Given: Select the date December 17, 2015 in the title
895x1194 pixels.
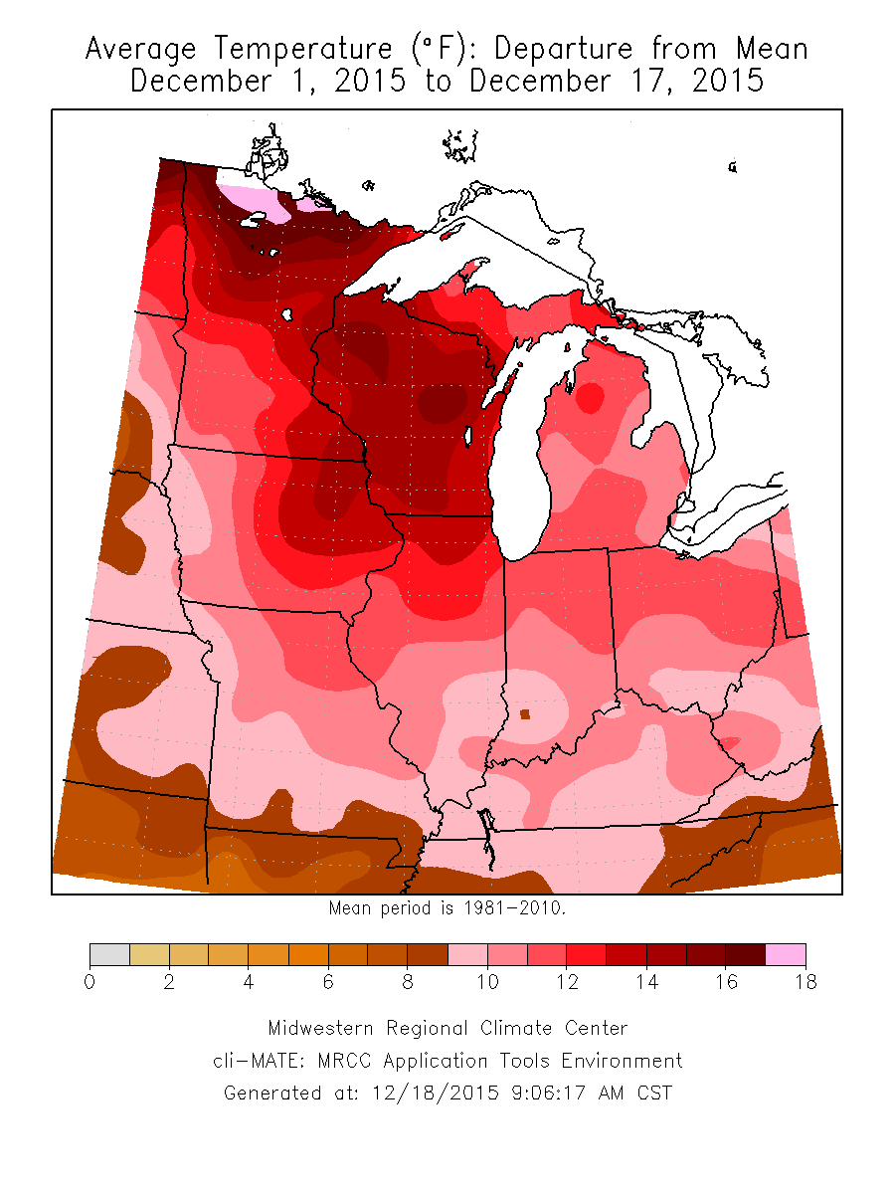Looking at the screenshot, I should coord(617,81).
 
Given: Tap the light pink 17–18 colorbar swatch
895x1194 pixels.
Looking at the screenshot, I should coord(786,954).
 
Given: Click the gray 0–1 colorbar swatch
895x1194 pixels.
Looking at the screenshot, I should coord(109,954).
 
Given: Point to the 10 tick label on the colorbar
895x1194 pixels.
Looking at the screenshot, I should coord(487,982).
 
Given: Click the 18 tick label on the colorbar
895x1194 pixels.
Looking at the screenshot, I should coord(805,982).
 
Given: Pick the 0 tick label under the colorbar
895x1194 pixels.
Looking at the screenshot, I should coord(89,982).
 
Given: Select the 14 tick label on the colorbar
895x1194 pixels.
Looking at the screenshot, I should coord(646,982).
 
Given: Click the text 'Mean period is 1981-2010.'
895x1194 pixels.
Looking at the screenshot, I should coord(447,907).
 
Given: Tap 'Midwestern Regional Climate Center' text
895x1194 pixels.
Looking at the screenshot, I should coord(447,1028).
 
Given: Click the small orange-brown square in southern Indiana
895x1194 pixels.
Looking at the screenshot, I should coord(524,713).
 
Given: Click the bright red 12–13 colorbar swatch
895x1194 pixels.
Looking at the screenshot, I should coord(587,954).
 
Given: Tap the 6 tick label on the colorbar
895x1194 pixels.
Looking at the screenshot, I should coord(328,982).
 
